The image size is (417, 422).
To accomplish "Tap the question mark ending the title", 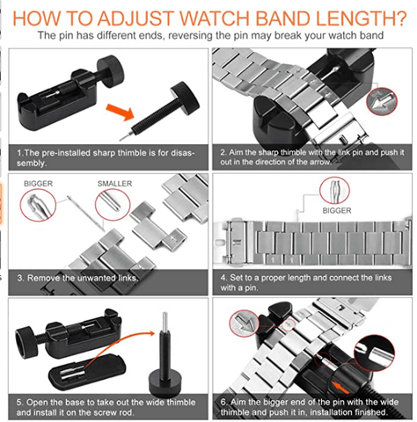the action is tap(399, 18).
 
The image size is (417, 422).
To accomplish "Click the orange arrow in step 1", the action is tap(121, 112).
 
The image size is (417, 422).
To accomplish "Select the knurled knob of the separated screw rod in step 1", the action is tap(186, 97).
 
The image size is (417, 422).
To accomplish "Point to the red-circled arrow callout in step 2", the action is tap(382, 101).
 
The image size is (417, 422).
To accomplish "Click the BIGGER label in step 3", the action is tap(38, 184).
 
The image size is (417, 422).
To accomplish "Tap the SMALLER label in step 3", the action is tap(114, 184).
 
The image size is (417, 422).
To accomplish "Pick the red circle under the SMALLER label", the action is tap(113, 204).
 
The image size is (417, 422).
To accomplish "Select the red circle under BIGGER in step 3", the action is tap(38, 205).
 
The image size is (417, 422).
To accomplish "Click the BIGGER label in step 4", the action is tap(337, 210).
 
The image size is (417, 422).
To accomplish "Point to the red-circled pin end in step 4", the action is tap(334, 191).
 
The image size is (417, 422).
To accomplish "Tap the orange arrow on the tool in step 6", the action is tap(340, 388).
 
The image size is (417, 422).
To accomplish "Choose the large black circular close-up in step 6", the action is tap(373, 353).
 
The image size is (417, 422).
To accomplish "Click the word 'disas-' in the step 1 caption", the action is tap(180, 153).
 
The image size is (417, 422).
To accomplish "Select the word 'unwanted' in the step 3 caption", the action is tap(96, 278).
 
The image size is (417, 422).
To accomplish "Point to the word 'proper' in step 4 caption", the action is tap(276, 278).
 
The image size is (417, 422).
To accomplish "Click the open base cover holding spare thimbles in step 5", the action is tap(87, 372).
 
